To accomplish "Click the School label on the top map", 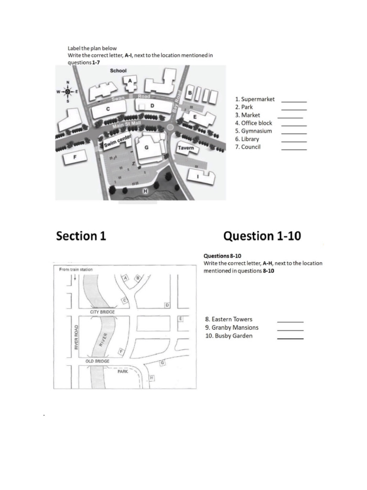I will (x=118, y=71).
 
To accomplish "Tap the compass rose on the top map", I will (x=67, y=91).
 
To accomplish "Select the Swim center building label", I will (x=117, y=141).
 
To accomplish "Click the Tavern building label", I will (x=186, y=148).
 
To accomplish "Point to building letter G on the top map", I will (x=146, y=148).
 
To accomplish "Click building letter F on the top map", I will (x=75, y=157).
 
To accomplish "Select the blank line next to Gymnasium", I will (x=294, y=134).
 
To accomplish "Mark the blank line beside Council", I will (x=294, y=150).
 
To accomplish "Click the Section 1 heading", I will (x=81, y=236).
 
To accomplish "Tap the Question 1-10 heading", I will (x=262, y=236).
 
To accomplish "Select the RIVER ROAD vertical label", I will (x=76, y=337).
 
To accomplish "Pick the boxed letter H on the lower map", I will (x=152, y=378).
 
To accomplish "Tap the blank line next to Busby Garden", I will (x=290, y=338).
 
